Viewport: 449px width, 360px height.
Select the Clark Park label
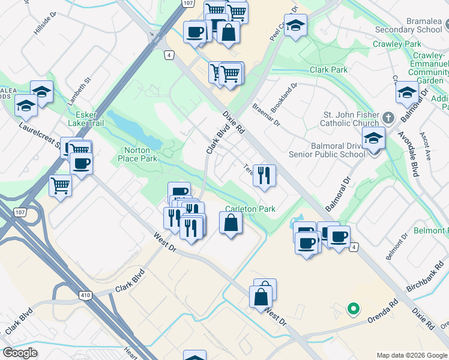coord(328,70)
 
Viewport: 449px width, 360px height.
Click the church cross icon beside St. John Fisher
coord(388,116)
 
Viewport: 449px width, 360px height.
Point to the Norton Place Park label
coord(140,154)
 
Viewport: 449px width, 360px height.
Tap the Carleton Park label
coord(250,209)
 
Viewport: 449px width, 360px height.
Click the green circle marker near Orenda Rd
coord(354,309)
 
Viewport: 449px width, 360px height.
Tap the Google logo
coord(20,353)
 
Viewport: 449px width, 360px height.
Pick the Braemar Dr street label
coord(266,115)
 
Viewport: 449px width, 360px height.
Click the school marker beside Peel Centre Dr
coord(295,25)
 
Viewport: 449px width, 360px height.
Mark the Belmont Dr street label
coord(397,248)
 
